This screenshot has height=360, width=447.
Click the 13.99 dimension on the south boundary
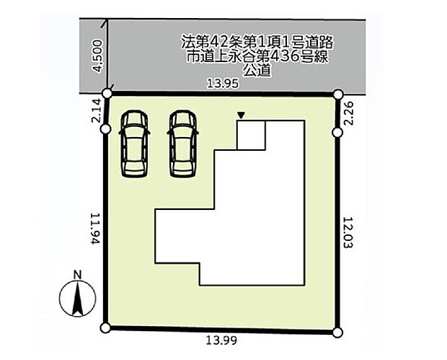tap(221, 341)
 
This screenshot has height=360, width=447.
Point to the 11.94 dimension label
tap(95, 229)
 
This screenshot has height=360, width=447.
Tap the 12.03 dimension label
tap(348, 233)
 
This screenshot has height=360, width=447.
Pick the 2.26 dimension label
tap(348, 113)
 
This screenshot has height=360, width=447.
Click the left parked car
tap(135, 144)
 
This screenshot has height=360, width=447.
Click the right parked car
tap(182, 144)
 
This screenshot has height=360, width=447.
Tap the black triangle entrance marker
tap(242, 115)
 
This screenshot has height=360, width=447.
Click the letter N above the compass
tap(78, 275)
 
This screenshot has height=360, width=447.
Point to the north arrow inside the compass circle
tap(78, 299)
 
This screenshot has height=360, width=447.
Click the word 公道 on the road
tap(256, 71)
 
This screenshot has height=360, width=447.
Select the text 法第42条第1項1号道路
tap(257, 43)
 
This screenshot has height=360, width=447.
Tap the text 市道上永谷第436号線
tap(257, 57)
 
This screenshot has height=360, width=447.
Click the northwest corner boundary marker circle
tap(107, 93)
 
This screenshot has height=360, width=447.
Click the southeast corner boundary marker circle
tap(337, 333)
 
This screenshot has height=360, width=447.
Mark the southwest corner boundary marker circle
tap(105, 328)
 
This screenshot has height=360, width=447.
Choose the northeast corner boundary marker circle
tap(338, 94)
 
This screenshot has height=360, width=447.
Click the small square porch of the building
tap(252, 135)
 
